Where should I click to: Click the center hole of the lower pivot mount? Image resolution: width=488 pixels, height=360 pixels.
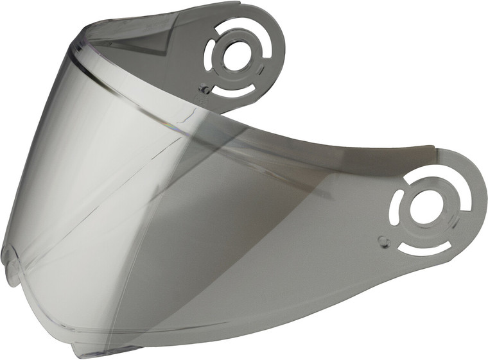point(424,206)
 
